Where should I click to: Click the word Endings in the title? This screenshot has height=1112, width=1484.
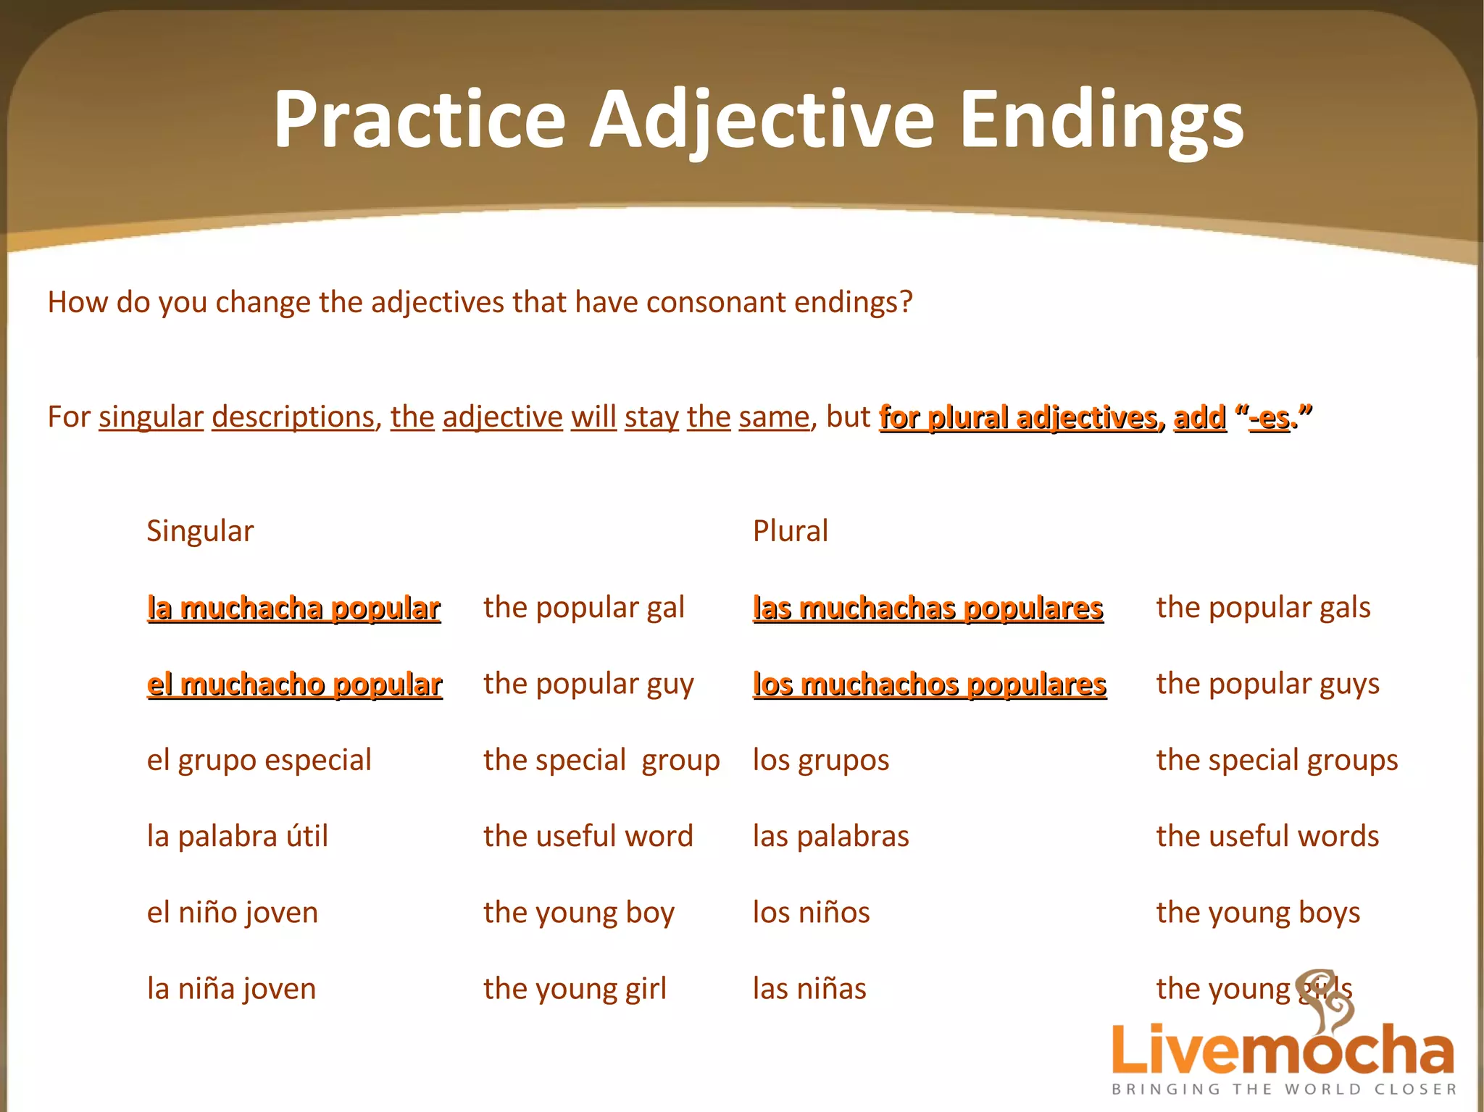click(1101, 120)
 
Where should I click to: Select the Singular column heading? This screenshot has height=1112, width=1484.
click(200, 531)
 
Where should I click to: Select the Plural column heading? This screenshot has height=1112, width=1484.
click(790, 531)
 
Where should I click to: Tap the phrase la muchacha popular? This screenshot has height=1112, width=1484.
click(293, 608)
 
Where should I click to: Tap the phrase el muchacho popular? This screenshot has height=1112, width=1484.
click(294, 684)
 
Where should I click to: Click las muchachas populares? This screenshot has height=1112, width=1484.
click(927, 608)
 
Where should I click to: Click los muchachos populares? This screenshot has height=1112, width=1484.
click(930, 684)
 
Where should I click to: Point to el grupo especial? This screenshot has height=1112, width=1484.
click(259, 760)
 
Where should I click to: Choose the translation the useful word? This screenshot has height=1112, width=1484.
click(588, 836)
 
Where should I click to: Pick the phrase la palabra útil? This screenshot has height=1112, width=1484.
click(237, 836)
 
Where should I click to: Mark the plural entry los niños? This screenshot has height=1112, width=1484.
click(811, 912)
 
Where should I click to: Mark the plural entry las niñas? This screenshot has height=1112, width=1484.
click(809, 989)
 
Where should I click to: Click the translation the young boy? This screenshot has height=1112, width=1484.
click(578, 913)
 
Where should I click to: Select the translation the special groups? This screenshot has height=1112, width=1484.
click(1277, 760)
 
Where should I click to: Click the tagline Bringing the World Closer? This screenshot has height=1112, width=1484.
click(1284, 1090)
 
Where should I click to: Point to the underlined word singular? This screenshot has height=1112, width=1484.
click(151, 417)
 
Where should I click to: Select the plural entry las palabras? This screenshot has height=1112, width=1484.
click(830, 836)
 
